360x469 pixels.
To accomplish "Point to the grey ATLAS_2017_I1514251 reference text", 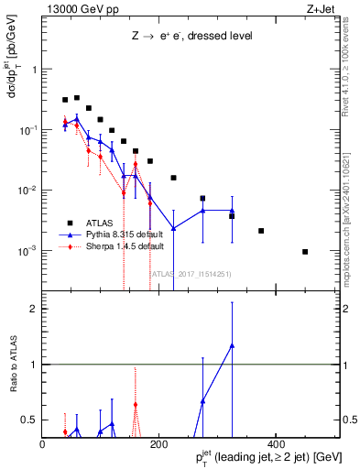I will coord(193,274).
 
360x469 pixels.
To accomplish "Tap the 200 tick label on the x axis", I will coord(158,444).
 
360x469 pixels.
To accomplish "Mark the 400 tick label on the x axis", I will coord(275,444).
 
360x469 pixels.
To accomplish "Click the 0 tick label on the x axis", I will coord(43,444).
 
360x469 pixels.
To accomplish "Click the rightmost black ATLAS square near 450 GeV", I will coord(305,252).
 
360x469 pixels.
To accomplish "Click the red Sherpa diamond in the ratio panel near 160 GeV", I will coord(136,404).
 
